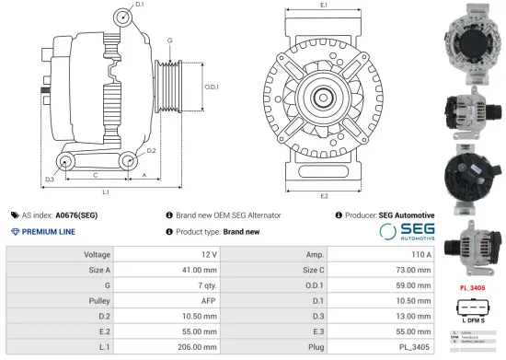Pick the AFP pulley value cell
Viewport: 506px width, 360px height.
(x=208, y=300)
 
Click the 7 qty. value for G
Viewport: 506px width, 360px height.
(x=205, y=285)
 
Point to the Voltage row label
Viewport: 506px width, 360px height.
(x=97, y=253)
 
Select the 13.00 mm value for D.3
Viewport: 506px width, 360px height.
(x=410, y=317)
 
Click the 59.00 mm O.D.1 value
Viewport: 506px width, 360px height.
(x=410, y=285)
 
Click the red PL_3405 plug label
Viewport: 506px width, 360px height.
(x=472, y=287)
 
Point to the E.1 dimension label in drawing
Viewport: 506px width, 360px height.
(x=323, y=6)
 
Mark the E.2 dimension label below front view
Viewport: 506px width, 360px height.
(x=323, y=196)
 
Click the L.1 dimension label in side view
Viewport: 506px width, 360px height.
(x=106, y=192)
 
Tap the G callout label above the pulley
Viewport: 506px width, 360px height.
(x=169, y=41)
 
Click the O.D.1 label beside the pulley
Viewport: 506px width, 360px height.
(x=211, y=87)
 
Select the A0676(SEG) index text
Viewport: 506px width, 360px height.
(x=77, y=215)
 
